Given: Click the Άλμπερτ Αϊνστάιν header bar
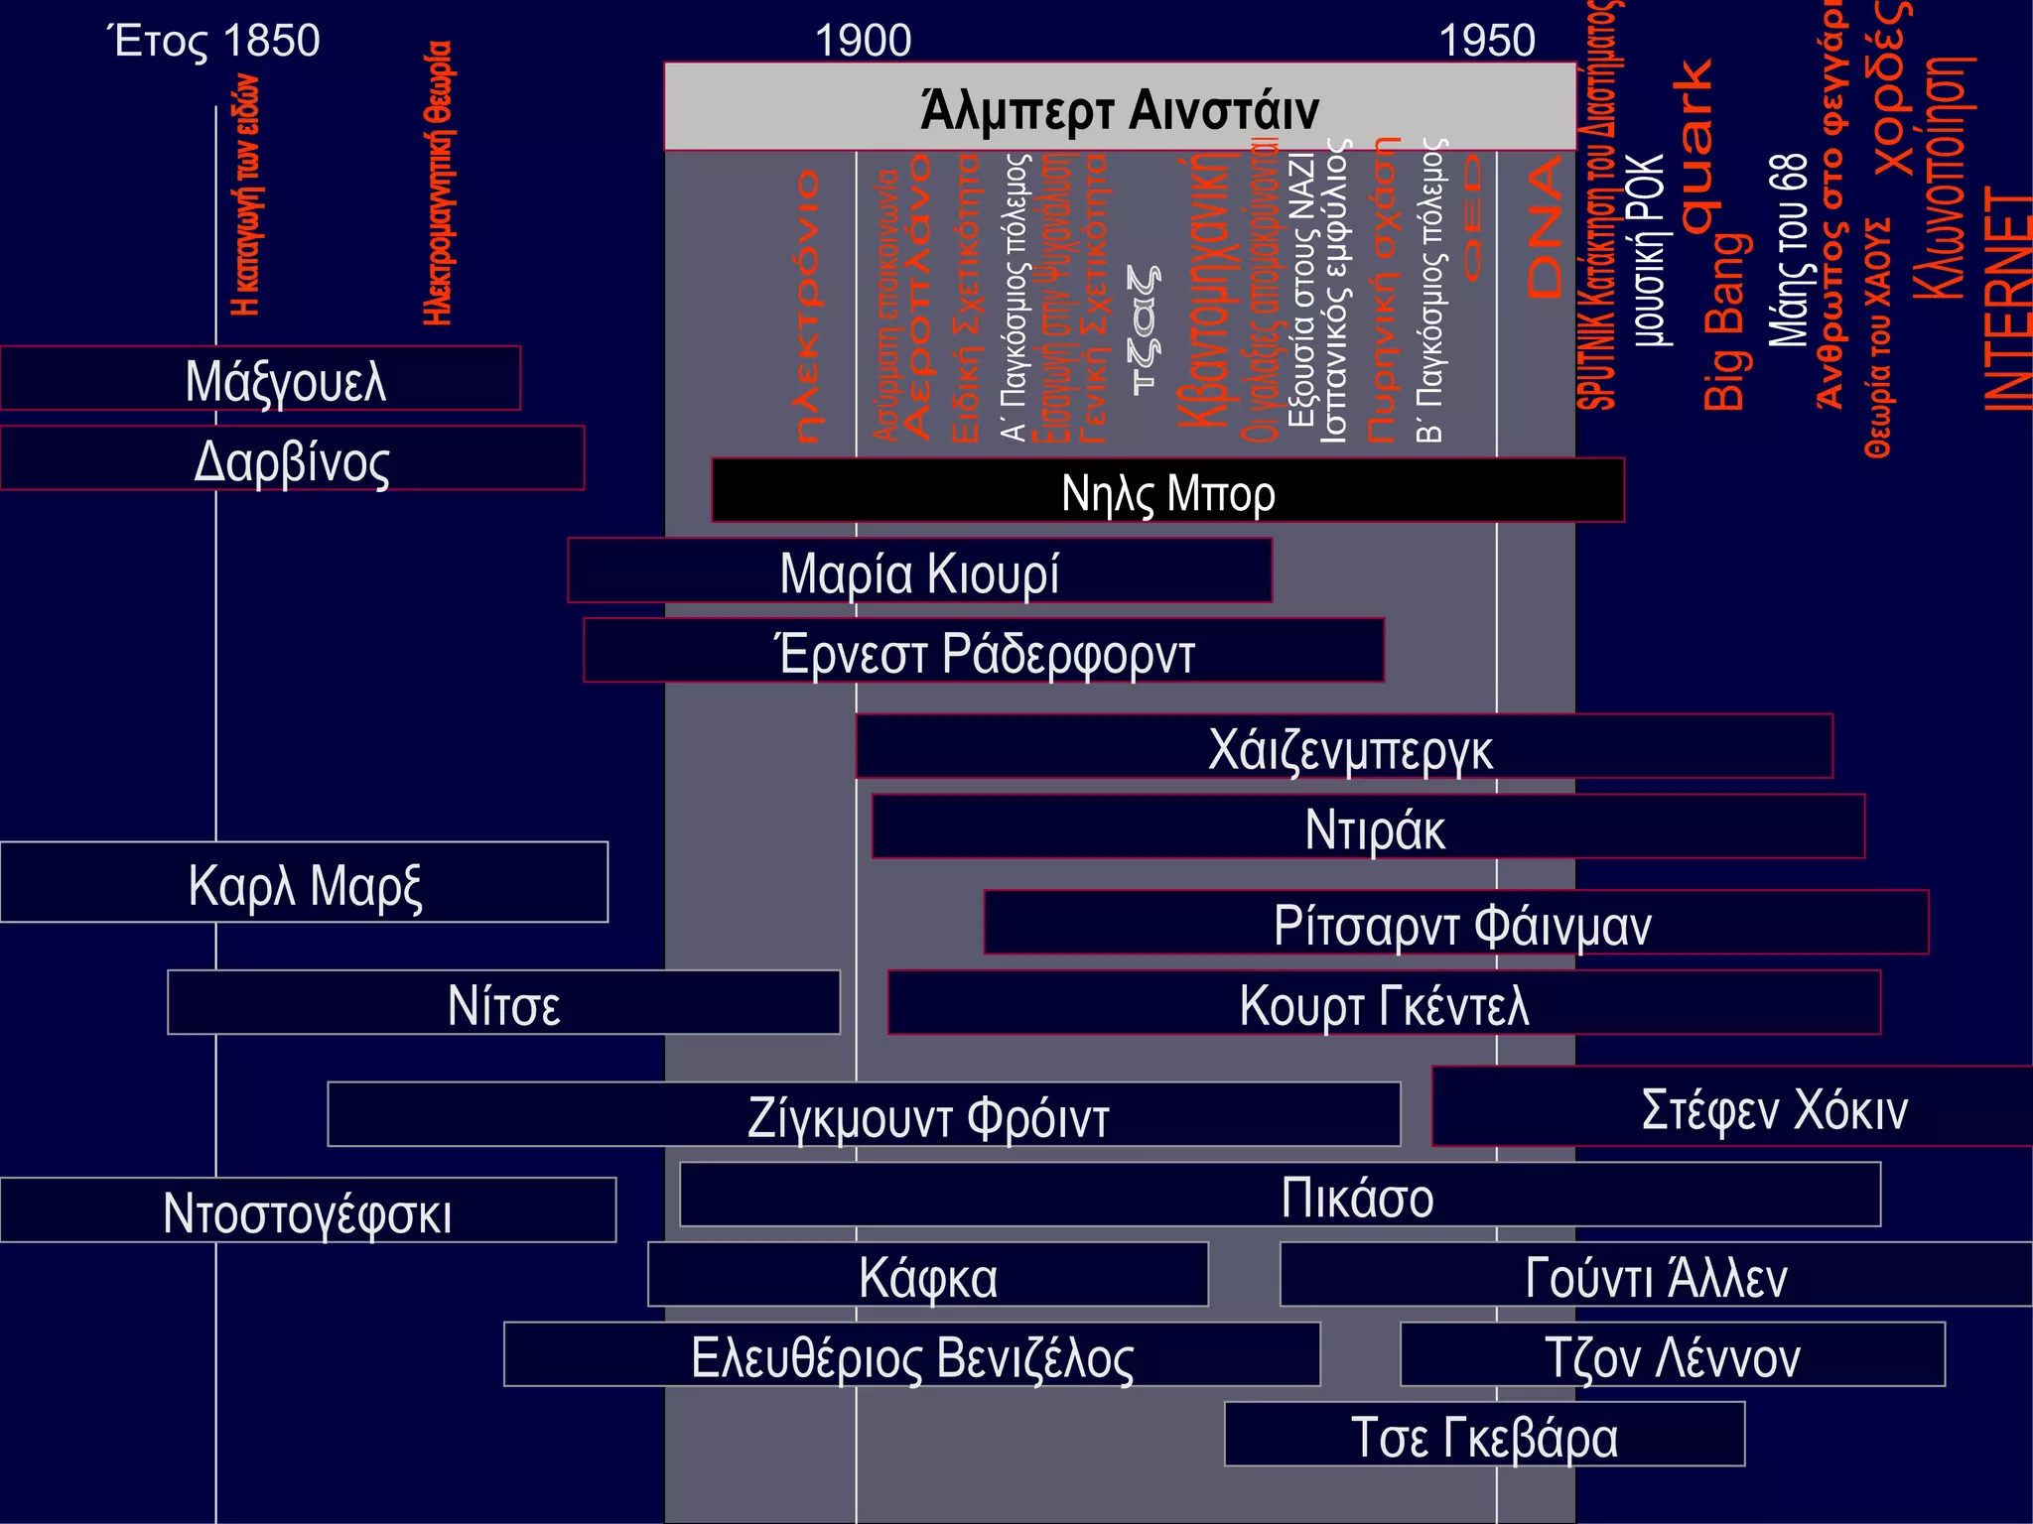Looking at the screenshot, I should point(1120,107).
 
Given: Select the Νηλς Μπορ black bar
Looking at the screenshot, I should point(1167,490).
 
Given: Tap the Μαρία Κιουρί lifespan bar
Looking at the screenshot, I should point(919,571).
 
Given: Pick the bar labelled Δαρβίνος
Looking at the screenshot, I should point(292,458).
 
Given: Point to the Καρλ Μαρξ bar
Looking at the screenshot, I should point(304,883).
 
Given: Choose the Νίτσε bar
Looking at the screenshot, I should point(503,1003).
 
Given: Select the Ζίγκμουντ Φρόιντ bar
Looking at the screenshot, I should point(864,1114).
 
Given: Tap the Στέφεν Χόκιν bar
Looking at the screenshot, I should point(1732,1106).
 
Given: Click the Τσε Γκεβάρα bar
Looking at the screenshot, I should point(1484,1435).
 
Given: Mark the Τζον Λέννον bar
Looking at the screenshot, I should point(1673,1354).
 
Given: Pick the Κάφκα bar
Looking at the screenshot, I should point(927,1275).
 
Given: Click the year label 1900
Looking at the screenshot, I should point(863,41).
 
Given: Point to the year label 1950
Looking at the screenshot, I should point(1486,41).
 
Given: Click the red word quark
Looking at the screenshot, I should point(1695,145).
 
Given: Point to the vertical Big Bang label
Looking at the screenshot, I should point(1725,322).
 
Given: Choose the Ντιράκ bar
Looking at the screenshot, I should point(1368,826).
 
